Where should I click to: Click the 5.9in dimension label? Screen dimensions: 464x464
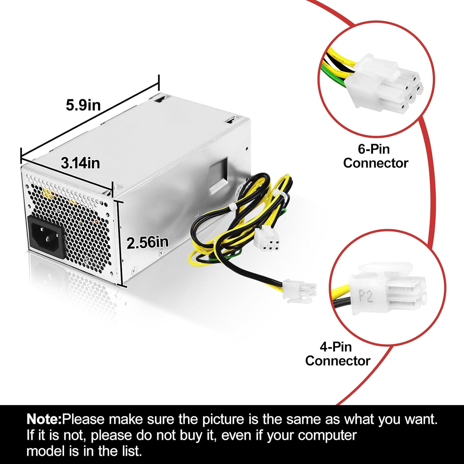pyautogui.click(x=83, y=105)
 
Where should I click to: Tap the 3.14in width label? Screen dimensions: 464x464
pyautogui.click(x=80, y=163)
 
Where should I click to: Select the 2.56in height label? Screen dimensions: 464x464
pyautogui.click(x=148, y=243)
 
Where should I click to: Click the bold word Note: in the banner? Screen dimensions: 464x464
pyautogui.click(x=44, y=420)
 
